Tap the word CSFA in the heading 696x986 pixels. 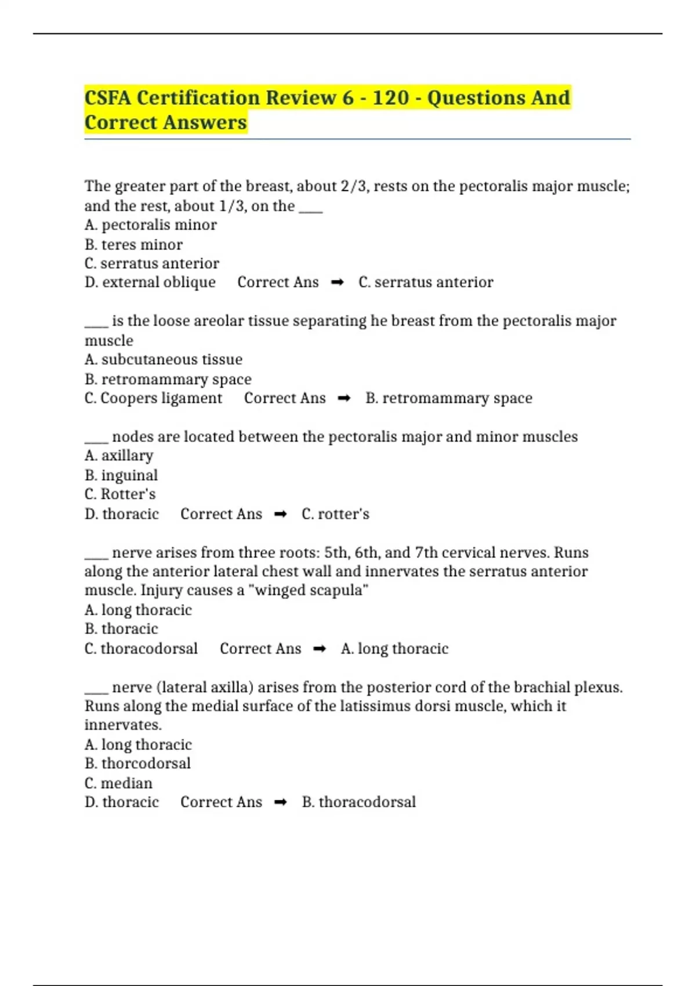coord(108,97)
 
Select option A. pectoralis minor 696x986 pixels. coord(150,225)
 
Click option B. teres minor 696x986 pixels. coord(133,244)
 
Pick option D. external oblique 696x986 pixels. coord(150,282)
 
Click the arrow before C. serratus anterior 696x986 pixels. coord(337,282)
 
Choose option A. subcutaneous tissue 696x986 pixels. coord(163,360)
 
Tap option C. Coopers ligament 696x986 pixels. coord(153,398)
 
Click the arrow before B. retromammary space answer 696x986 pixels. coord(344,398)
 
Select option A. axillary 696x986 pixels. coord(119,456)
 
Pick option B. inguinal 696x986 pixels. coord(121,476)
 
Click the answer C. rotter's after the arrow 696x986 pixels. coord(335,514)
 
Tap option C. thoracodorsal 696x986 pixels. coord(141,648)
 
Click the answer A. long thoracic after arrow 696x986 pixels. coord(394,648)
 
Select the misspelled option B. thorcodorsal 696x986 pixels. coord(137,763)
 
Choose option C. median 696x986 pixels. coord(118,783)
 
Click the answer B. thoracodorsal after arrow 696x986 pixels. coord(358,802)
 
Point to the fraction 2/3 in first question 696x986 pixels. coord(354,186)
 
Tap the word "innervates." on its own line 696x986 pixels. coord(123,725)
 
